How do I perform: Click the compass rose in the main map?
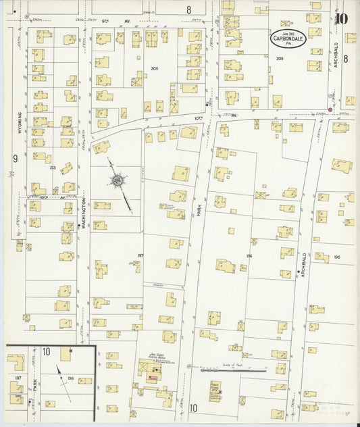tap(119, 181)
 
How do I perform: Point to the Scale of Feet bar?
tap(233, 370)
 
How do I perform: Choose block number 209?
tap(279, 59)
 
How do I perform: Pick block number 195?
tap(336, 257)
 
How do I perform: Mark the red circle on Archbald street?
tap(330, 109)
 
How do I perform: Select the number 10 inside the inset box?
tap(46, 351)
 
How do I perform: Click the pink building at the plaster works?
tap(153, 378)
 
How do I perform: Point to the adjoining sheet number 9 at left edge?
tap(14, 159)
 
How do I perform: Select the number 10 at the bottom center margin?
tap(193, 407)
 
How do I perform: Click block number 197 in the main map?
tap(140, 255)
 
